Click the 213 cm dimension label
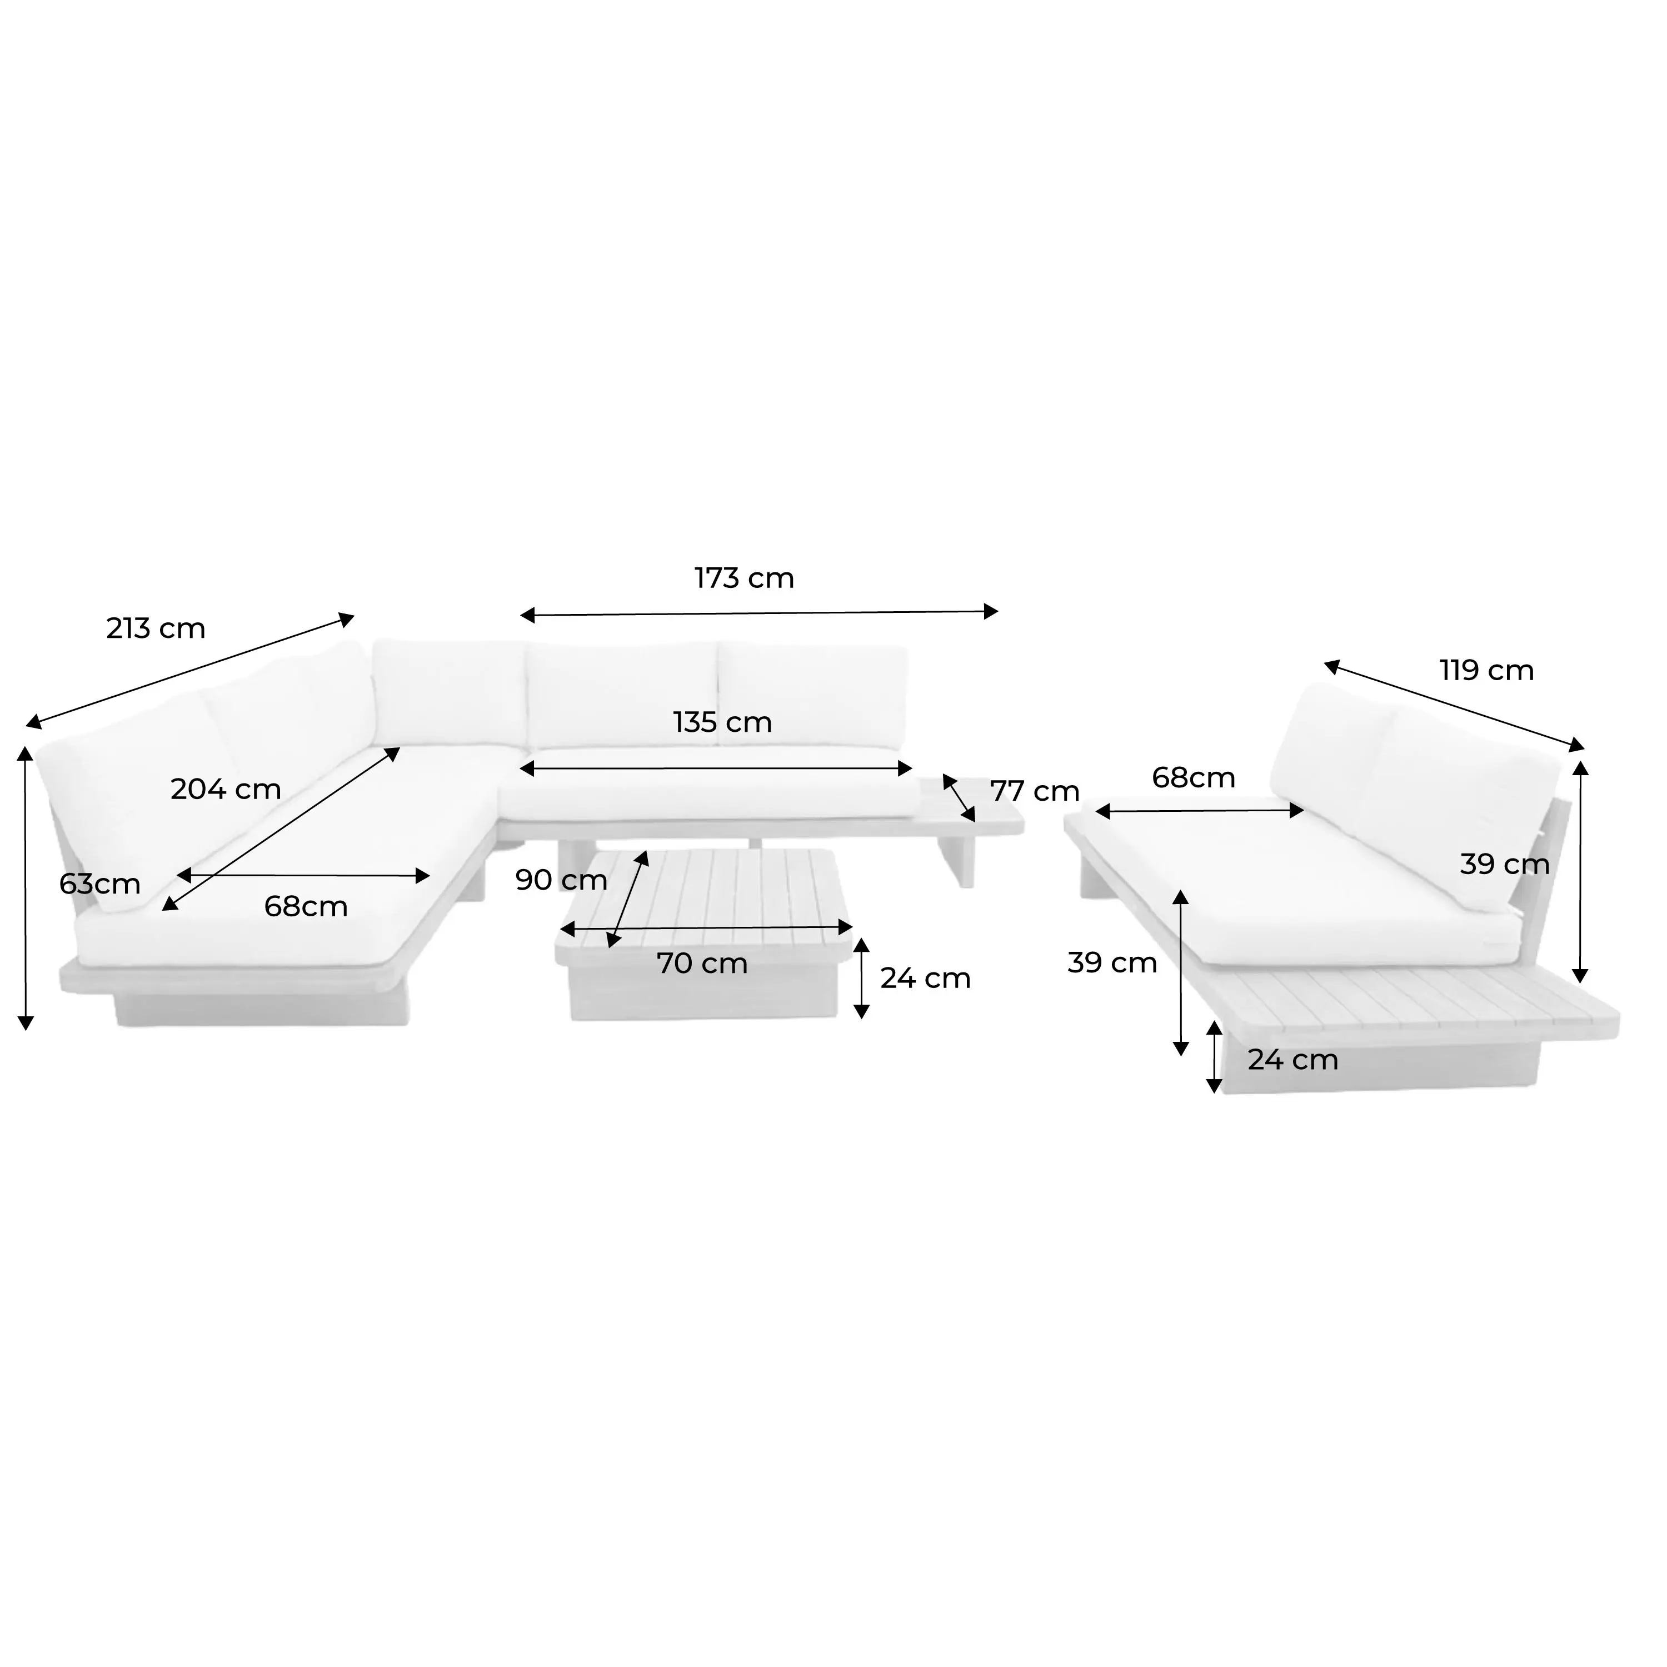pyautogui.click(x=156, y=628)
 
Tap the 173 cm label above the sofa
pyautogui.click(x=744, y=578)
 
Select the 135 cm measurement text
pyautogui.click(x=722, y=722)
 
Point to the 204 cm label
pyautogui.click(x=226, y=790)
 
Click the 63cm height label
pyautogui.click(x=100, y=884)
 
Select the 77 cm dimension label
pyautogui.click(x=1035, y=791)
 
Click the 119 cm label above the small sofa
pyautogui.click(x=1486, y=671)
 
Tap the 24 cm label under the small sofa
pyautogui.click(x=1292, y=1060)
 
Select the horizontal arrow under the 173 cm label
pyautogui.click(x=758, y=613)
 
